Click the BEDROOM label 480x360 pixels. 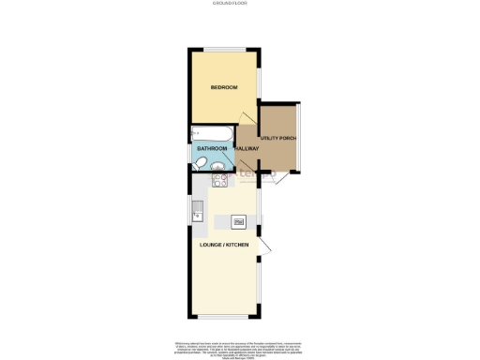(x=223, y=87)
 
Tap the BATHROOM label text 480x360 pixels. (x=212, y=148)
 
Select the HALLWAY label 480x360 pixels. (x=247, y=148)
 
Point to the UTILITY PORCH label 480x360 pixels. (x=278, y=139)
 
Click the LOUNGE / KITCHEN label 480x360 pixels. (x=224, y=246)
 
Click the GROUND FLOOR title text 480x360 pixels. (x=240, y=5)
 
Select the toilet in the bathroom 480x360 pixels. (x=201, y=164)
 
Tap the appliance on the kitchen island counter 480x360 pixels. (x=238, y=221)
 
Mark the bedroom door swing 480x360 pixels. (x=249, y=117)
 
